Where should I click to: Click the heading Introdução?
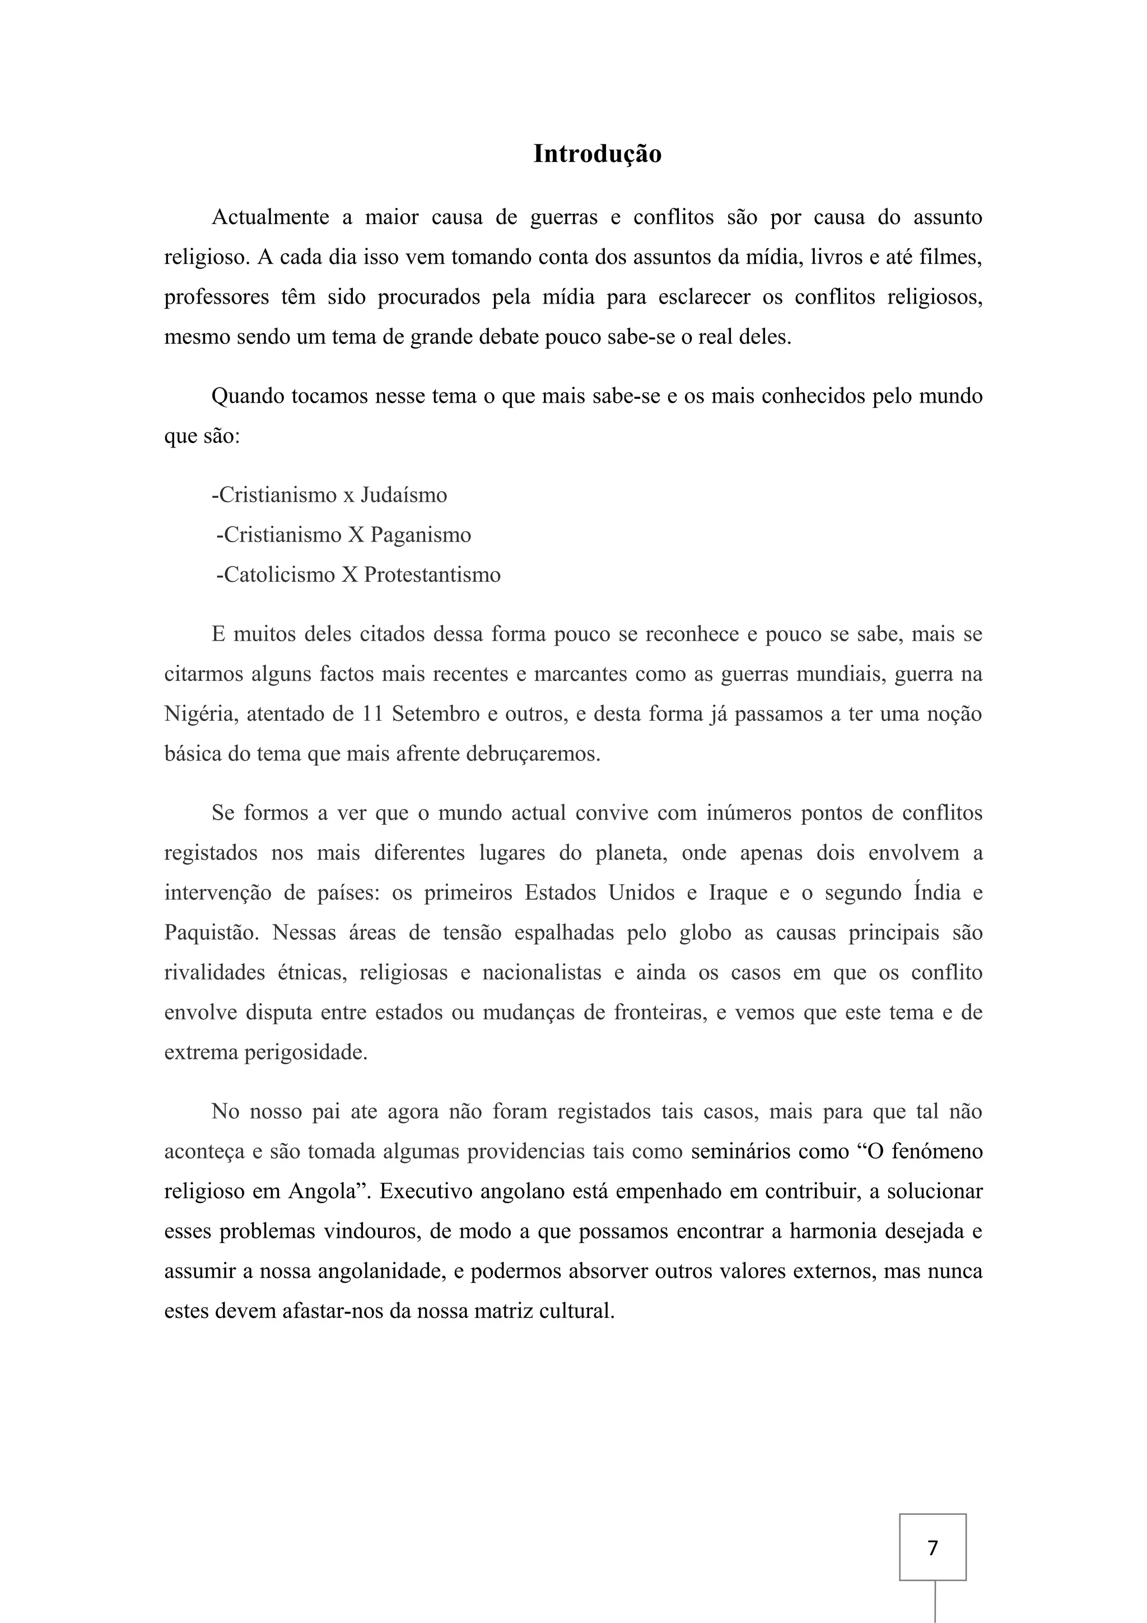point(597,153)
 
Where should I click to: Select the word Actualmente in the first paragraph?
point(270,217)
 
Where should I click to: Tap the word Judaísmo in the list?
point(404,495)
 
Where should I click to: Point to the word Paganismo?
point(421,534)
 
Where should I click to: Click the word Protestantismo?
point(432,575)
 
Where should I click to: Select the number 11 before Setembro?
point(372,714)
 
